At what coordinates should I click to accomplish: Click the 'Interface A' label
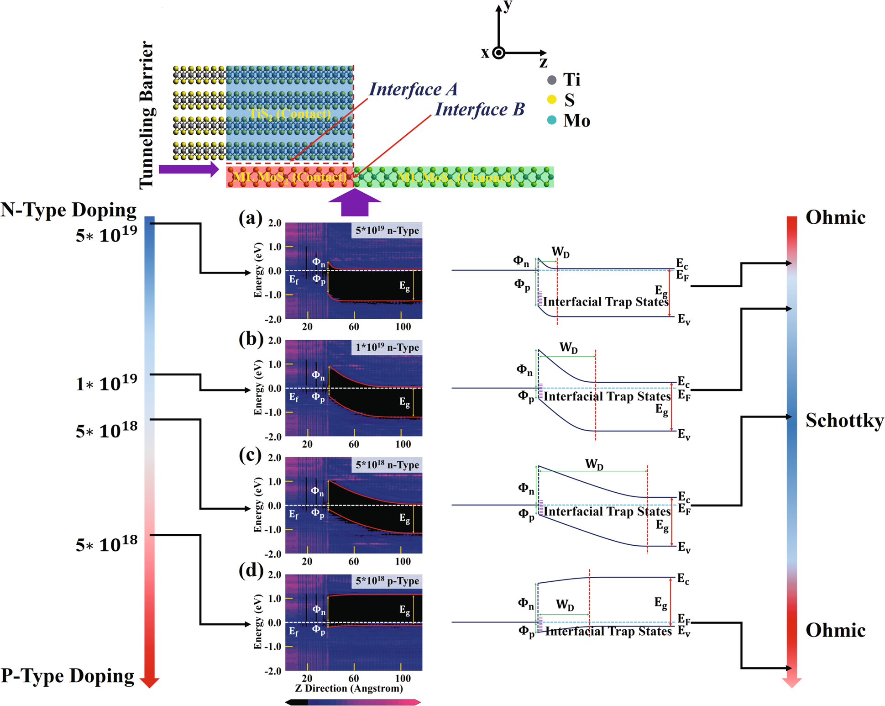[413, 89]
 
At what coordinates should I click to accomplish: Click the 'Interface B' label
[480, 109]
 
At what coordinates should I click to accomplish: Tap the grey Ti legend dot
[552, 80]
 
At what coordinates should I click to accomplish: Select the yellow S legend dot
[552, 99]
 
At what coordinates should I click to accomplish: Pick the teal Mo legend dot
[552, 120]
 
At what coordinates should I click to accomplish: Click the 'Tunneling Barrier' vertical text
[147, 115]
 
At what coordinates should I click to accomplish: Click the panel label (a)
[251, 218]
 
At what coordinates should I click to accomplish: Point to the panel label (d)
[251, 570]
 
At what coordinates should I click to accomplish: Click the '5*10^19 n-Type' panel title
[387, 230]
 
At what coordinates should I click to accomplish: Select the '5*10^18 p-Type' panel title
[387, 581]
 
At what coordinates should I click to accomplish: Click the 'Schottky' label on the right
[844, 420]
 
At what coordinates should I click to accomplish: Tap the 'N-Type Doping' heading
[69, 210]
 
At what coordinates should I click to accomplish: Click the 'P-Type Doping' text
[68, 676]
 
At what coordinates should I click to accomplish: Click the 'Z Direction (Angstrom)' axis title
[349, 688]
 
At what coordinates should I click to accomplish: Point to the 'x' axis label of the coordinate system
[485, 53]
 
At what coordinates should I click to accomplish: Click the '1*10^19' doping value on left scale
[106, 383]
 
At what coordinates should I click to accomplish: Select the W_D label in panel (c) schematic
[594, 464]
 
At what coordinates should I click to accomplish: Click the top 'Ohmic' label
[835, 217]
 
